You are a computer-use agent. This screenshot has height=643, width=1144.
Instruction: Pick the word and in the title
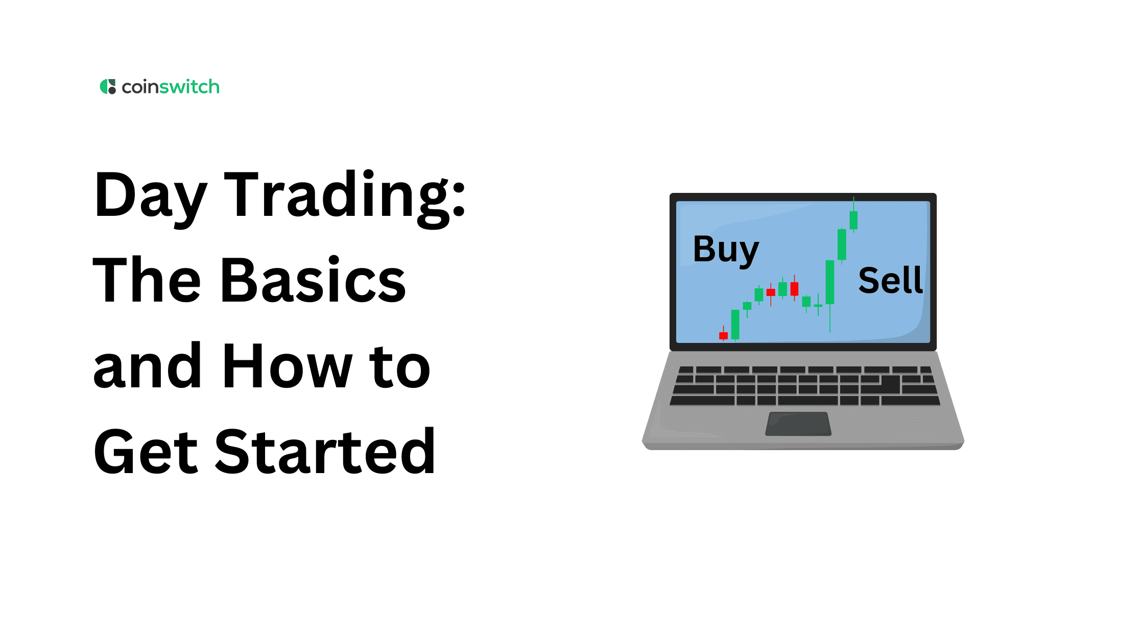click(147, 365)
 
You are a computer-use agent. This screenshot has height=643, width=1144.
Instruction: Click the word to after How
click(400, 366)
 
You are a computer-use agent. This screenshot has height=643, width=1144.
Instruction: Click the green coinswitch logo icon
click(108, 87)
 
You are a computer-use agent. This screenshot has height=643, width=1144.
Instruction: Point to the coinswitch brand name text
click(171, 87)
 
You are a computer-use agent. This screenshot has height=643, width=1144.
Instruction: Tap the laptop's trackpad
click(798, 424)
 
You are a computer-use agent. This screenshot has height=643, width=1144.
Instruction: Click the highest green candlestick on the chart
click(853, 220)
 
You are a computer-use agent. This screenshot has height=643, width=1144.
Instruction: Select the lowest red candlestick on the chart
click(723, 335)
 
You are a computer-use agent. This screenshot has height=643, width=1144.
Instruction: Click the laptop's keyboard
click(805, 386)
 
